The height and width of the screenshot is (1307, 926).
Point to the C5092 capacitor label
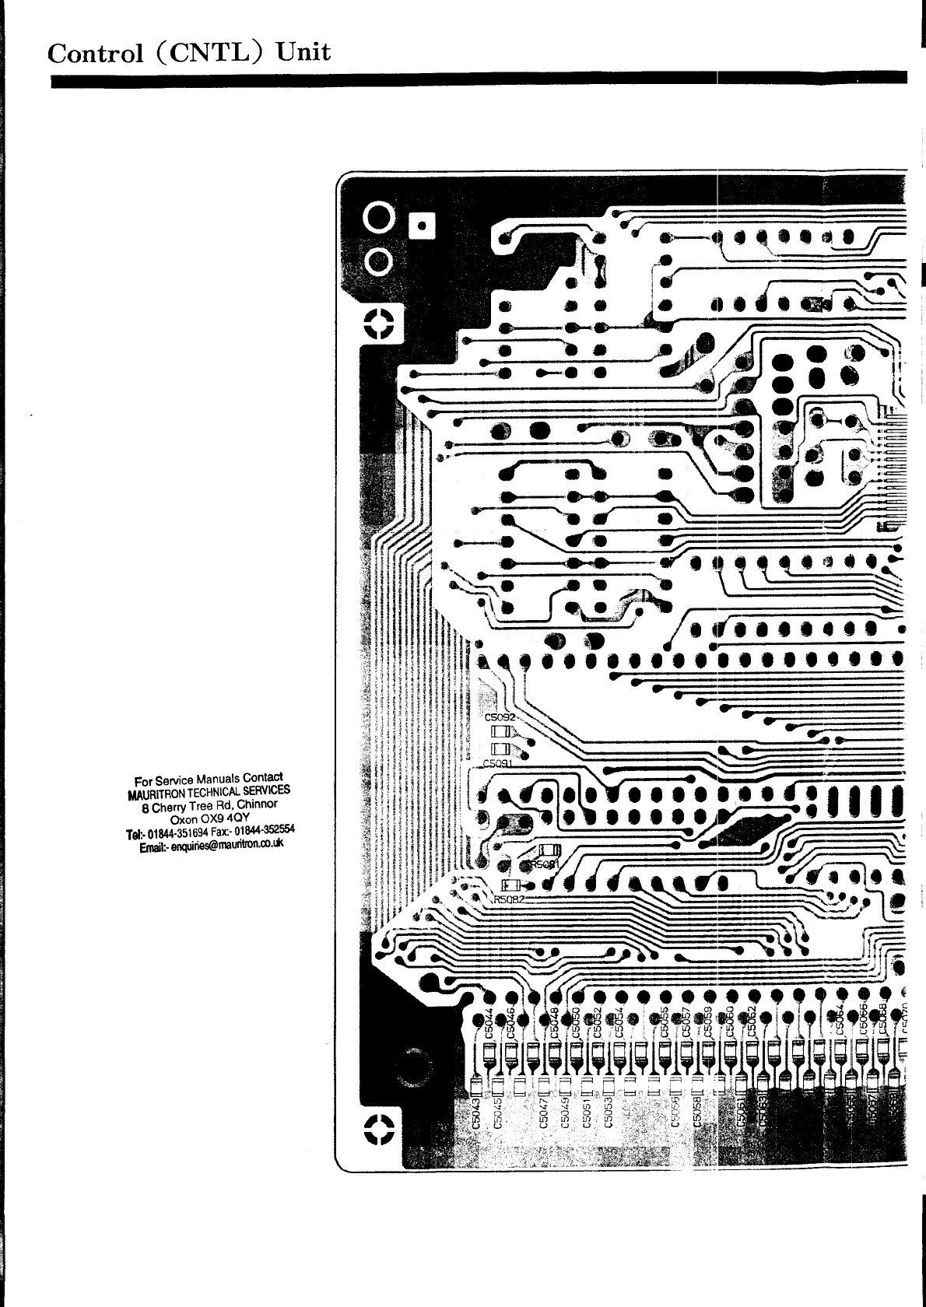pyautogui.click(x=500, y=717)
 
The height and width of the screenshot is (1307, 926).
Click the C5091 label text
pyautogui.click(x=499, y=764)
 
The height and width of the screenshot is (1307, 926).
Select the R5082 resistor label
pyautogui.click(x=510, y=899)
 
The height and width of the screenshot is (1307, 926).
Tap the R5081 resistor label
pyautogui.click(x=545, y=864)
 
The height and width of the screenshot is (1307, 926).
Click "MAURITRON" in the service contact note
pyautogui.click(x=154, y=795)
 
